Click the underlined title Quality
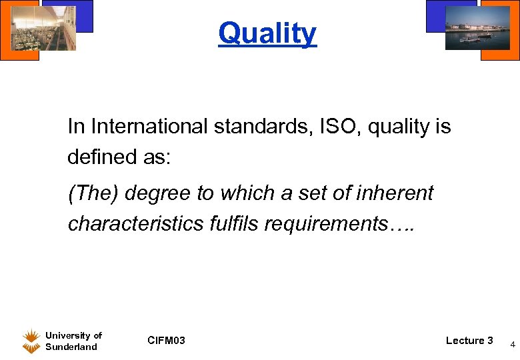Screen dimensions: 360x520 (x=267, y=33)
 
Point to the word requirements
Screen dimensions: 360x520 (x=331, y=224)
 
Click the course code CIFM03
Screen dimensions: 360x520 (x=166, y=341)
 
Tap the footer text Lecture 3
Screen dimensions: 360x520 (x=469, y=341)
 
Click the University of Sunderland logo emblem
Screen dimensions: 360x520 (x=31, y=341)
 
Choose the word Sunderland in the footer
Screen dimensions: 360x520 (x=71, y=347)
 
